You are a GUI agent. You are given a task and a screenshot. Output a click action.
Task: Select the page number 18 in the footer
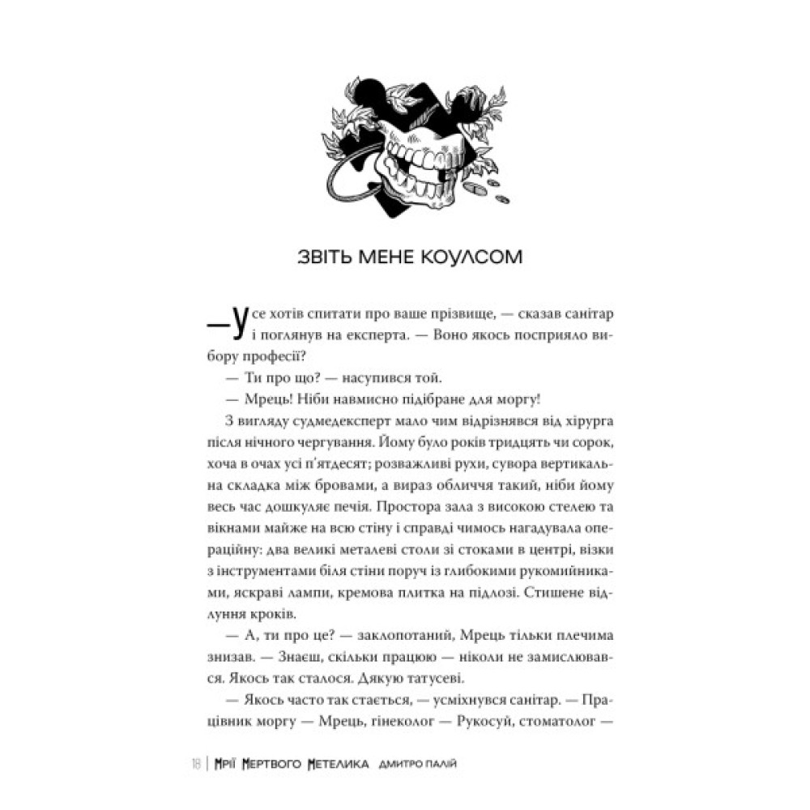pyautogui.click(x=197, y=763)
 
